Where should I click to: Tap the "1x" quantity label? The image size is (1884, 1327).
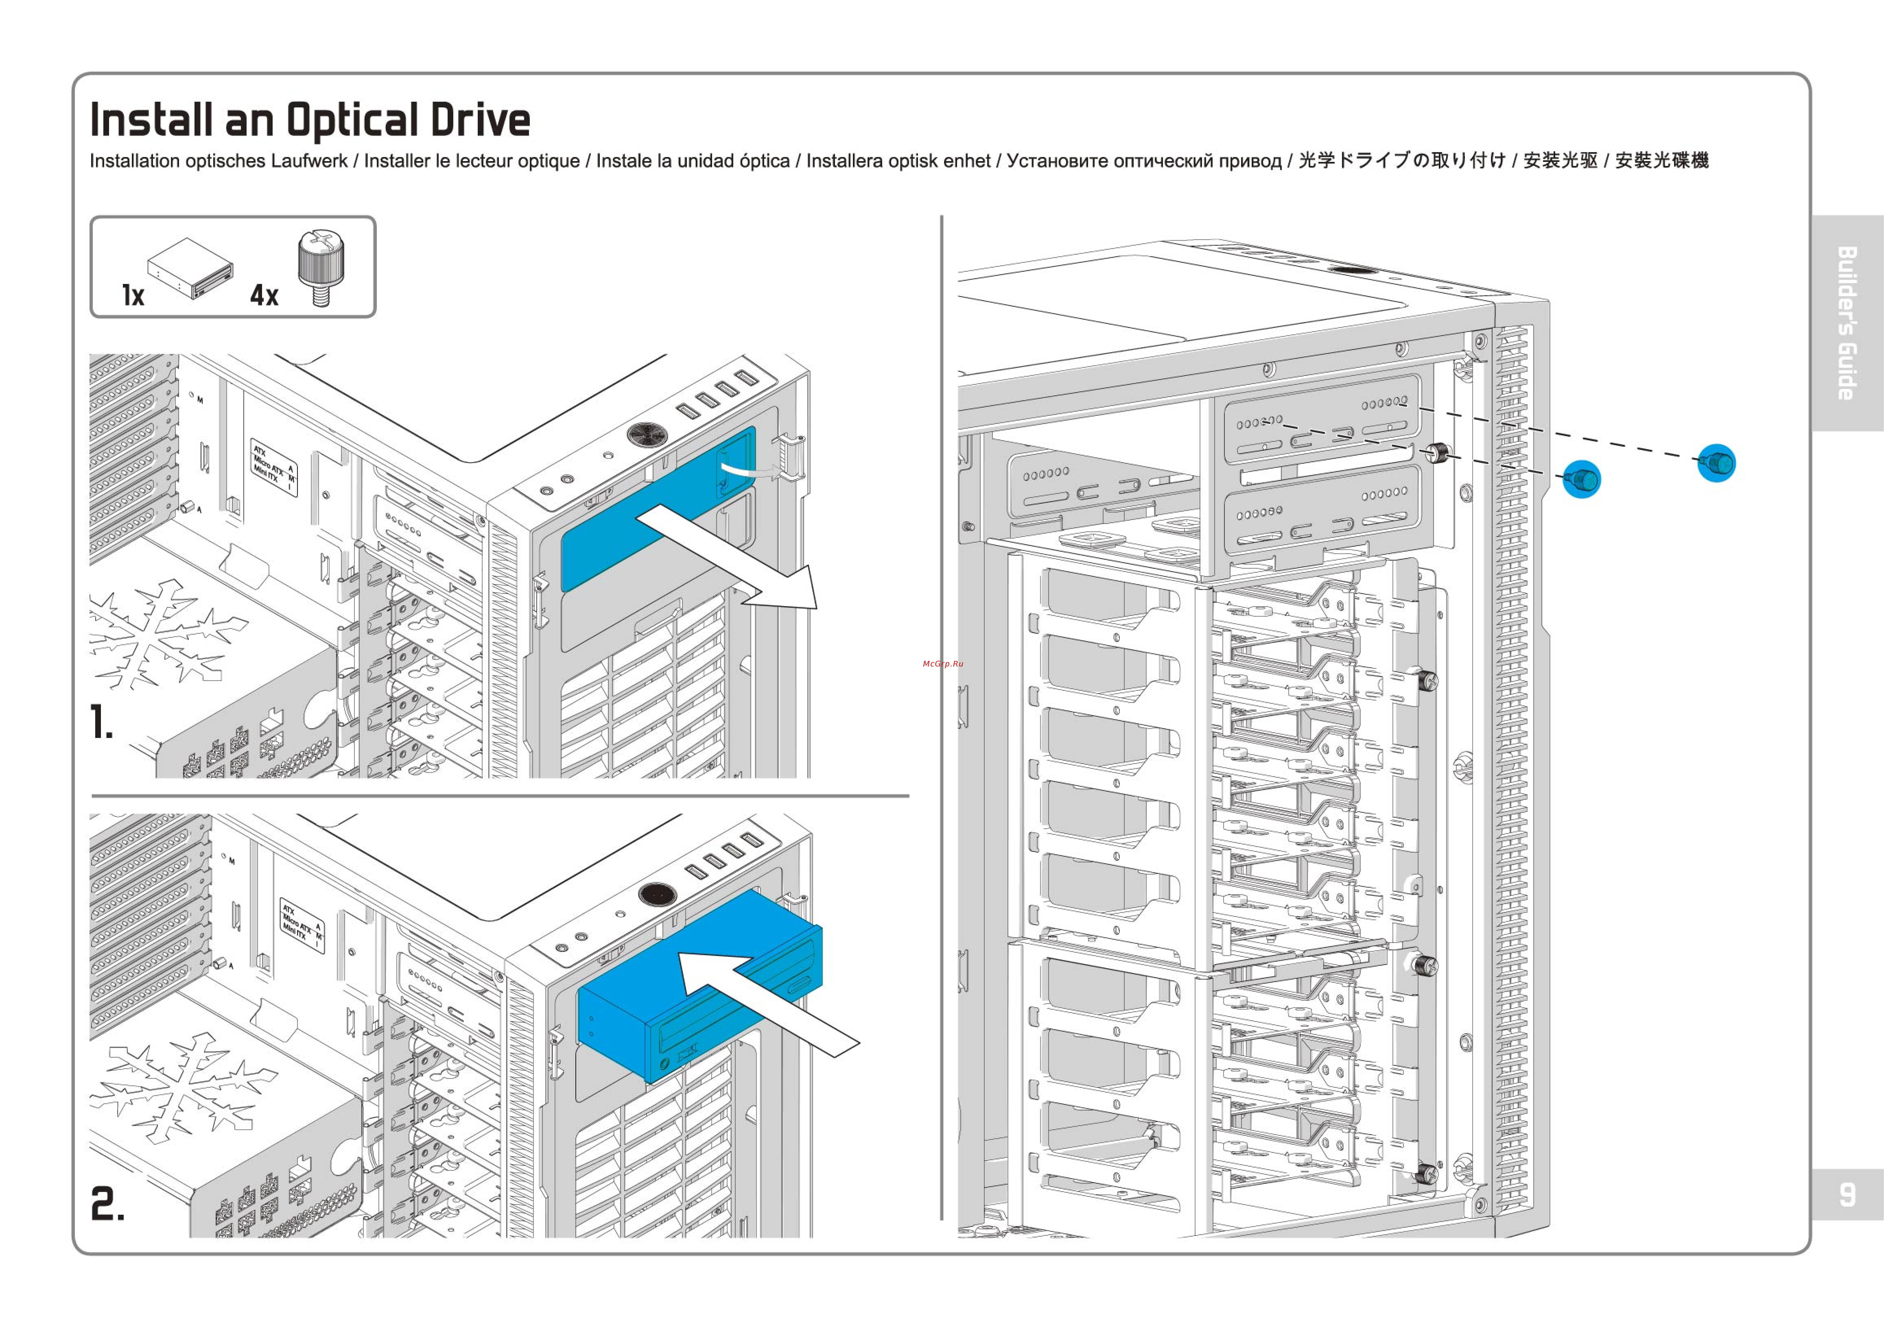pos(133,295)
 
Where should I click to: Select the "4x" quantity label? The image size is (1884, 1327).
pos(264,295)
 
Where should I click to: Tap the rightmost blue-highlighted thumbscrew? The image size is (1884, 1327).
pos(1717,463)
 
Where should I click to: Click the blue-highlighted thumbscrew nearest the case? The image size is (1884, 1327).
pos(1581,479)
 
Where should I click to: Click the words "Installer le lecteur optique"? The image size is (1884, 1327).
pos(472,161)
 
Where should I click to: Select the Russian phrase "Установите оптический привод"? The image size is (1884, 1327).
pos(1144,161)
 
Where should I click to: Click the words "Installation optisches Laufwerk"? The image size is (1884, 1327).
pos(218,161)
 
